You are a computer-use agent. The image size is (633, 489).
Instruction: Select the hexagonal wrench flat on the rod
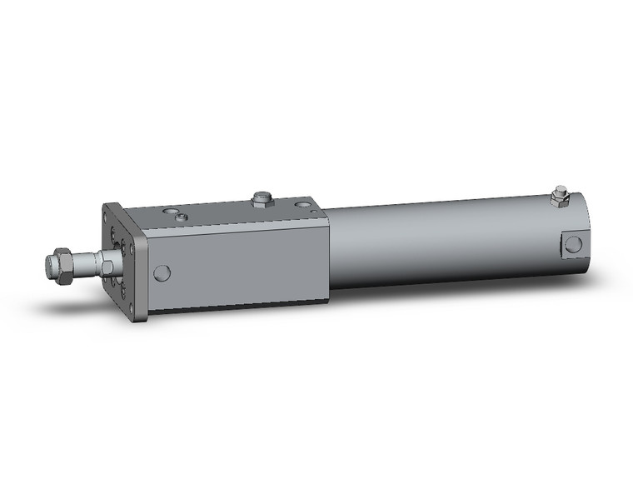click(107, 267)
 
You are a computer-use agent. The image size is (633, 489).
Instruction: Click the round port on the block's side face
click(162, 272)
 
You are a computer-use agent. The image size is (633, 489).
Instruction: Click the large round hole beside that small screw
click(170, 212)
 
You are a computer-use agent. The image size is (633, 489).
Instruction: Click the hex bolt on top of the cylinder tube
click(557, 198)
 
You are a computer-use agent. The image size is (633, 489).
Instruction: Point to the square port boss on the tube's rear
click(573, 243)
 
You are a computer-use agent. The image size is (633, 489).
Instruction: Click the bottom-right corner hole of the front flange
click(134, 307)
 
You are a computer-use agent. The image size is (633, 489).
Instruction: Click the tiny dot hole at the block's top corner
click(310, 213)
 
